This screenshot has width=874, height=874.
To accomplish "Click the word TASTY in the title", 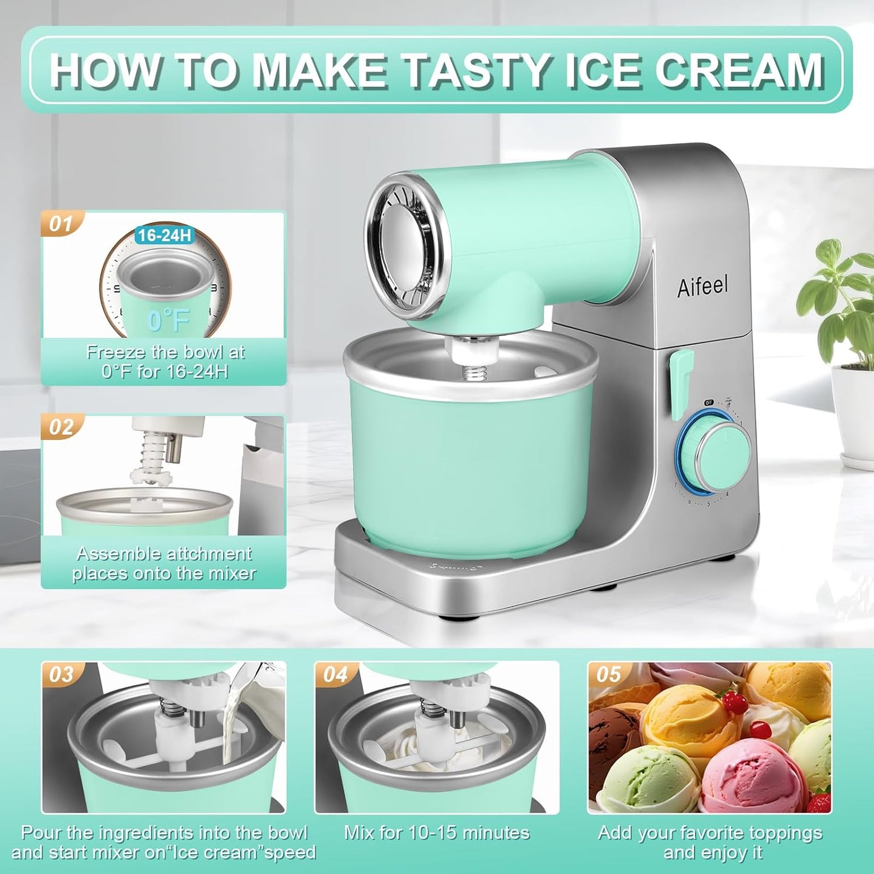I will [x=478, y=71].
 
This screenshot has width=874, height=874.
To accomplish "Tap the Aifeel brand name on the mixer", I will [x=702, y=286].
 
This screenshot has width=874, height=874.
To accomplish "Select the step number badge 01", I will [x=60, y=224].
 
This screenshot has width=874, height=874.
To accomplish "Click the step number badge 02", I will [x=61, y=428].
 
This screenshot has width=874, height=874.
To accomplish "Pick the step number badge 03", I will [x=61, y=674].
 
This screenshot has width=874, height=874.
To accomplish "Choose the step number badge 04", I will [x=335, y=674].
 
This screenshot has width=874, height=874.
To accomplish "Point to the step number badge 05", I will [x=608, y=674].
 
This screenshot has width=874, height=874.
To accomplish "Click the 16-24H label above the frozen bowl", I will [x=164, y=235].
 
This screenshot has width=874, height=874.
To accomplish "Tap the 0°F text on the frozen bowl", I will [x=168, y=320].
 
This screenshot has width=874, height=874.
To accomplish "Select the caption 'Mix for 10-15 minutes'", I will [x=437, y=833].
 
